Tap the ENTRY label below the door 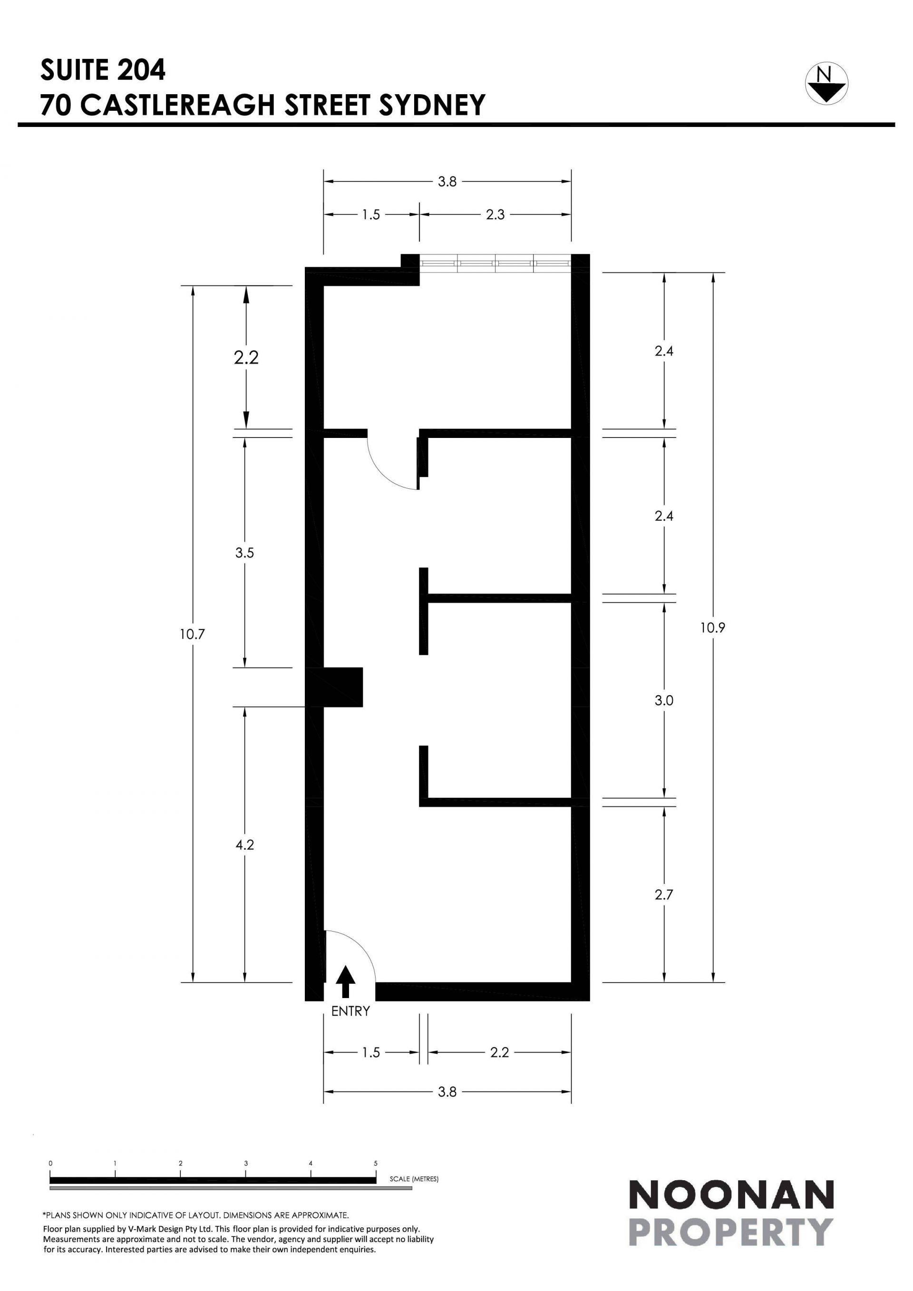pyautogui.click(x=350, y=1011)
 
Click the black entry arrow pyautogui.click(x=345, y=982)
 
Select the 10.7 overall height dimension pyautogui.click(x=192, y=634)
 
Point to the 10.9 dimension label pyautogui.click(x=712, y=628)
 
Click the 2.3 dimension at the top pyautogui.click(x=495, y=215)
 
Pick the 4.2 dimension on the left pyautogui.click(x=244, y=844)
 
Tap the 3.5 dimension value pyautogui.click(x=244, y=553)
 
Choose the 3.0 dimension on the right pyautogui.click(x=664, y=700)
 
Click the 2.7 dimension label pyautogui.click(x=664, y=894)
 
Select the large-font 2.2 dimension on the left pyautogui.click(x=246, y=358)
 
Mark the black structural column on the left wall pyautogui.click(x=334, y=687)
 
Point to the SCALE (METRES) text pyautogui.click(x=414, y=1179)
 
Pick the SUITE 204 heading pyautogui.click(x=103, y=70)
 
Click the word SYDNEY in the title pyautogui.click(x=432, y=105)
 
